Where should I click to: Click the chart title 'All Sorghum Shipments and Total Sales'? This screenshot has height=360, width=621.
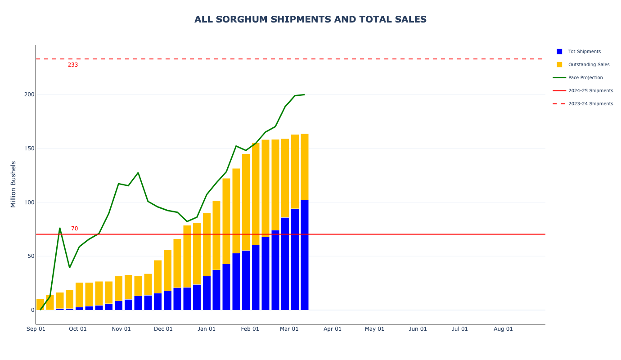pyautogui.click(x=310, y=19)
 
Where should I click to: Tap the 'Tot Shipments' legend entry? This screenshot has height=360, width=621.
pyautogui.click(x=584, y=52)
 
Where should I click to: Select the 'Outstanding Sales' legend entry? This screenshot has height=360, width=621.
pyautogui.click(x=589, y=65)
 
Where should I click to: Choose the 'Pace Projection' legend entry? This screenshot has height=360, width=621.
pyautogui.click(x=585, y=78)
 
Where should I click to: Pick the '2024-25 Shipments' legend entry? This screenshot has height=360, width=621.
pyautogui.click(x=590, y=91)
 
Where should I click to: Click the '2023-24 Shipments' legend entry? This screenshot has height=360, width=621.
pyautogui.click(x=590, y=104)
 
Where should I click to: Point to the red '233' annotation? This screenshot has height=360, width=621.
pyautogui.click(x=73, y=65)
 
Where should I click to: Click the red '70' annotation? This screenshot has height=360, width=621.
pyautogui.click(x=74, y=229)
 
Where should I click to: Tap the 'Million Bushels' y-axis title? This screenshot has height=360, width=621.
pyautogui.click(x=13, y=184)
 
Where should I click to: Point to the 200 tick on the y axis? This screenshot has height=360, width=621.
pyautogui.click(x=29, y=94)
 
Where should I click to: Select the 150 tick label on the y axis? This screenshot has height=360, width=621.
pyautogui.click(x=29, y=148)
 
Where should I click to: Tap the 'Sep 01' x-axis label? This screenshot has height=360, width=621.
pyautogui.click(x=36, y=329)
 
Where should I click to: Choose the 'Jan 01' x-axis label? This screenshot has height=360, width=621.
pyautogui.click(x=207, y=329)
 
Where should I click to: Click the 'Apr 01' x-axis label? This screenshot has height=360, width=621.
pyautogui.click(x=333, y=329)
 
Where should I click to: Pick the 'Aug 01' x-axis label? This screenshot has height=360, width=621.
pyautogui.click(x=503, y=329)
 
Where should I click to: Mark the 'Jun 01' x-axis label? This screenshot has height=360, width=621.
pyautogui.click(x=418, y=329)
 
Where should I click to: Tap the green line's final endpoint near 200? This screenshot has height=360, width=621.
pyautogui.click(x=304, y=94)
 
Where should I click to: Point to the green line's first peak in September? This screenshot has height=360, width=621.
pyautogui.click(x=60, y=228)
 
